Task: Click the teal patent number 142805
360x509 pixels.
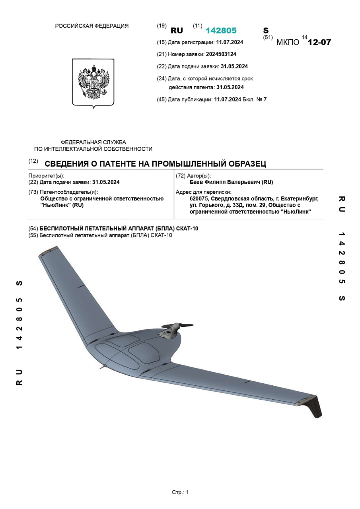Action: pyautogui.click(x=221, y=31)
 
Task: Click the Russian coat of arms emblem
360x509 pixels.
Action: pyautogui.click(x=93, y=83)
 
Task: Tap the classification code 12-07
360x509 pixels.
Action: pyautogui.click(x=319, y=42)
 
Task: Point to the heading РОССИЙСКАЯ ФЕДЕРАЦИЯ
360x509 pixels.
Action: pyautogui.click(x=91, y=26)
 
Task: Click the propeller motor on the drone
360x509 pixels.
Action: pyautogui.click(x=169, y=330)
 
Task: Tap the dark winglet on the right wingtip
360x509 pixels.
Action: pyautogui.click(x=315, y=406)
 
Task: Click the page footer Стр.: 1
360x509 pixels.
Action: pyautogui.click(x=180, y=492)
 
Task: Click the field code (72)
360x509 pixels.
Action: pyautogui.click(x=180, y=176)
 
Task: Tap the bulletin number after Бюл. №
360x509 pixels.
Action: pyautogui.click(x=265, y=99)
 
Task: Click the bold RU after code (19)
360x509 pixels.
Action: pyautogui.click(x=177, y=31)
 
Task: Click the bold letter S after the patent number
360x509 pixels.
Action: pyautogui.click(x=266, y=31)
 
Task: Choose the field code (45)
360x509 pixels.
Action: pyautogui.click(x=162, y=99)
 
